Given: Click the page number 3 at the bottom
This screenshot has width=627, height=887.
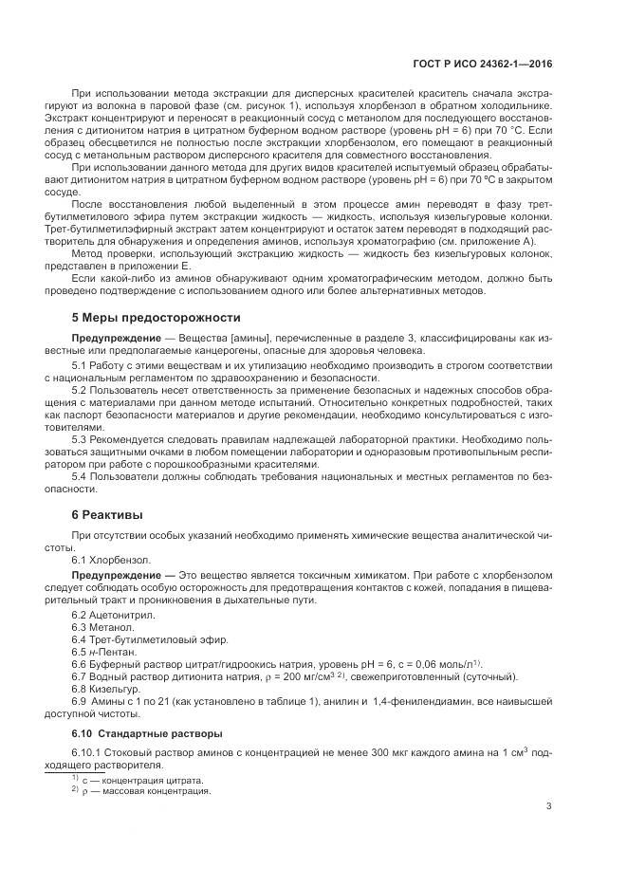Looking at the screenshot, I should pos(549,806).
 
